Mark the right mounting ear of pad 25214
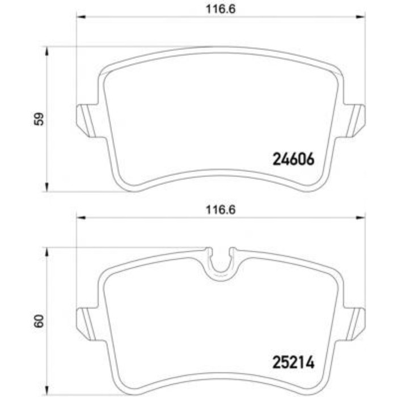point(356,319)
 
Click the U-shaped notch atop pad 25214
point(221,262)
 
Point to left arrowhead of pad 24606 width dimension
point(81,18)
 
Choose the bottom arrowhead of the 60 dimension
point(47,390)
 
